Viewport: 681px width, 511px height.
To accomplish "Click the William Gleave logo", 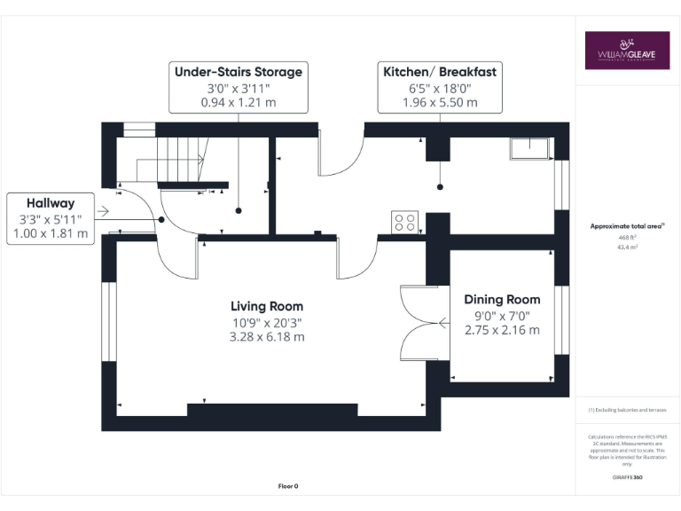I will pos(627,51).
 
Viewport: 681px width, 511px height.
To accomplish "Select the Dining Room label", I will pos(501,299).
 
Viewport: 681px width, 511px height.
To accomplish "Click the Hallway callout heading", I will pos(51,203).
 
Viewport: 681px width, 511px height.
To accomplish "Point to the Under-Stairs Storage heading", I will pos(239,72).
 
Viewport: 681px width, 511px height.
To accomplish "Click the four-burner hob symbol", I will pos(405,221).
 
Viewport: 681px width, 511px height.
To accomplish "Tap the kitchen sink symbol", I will pos(530,148).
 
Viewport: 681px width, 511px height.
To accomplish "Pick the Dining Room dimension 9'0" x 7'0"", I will pos(501,315).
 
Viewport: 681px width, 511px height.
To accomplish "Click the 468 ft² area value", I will pos(627,238).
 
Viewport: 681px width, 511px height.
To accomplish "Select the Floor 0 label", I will pos(288,485).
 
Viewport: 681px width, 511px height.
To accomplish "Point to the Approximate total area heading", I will pos(627,226).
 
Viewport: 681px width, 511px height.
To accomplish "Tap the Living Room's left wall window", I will pos(108,322).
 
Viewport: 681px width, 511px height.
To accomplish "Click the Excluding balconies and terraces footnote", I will pos(627,410).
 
